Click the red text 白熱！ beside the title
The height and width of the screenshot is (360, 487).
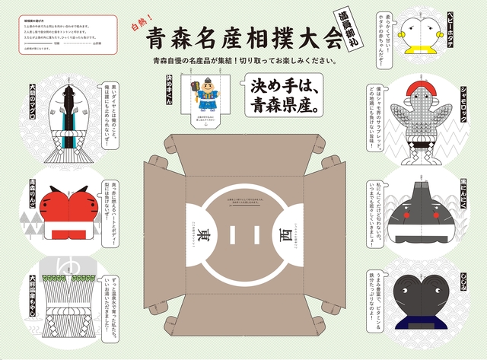click(x=142, y=27)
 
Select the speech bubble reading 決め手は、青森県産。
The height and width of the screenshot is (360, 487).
click(x=279, y=96)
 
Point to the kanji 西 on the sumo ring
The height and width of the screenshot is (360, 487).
click(x=284, y=228)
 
